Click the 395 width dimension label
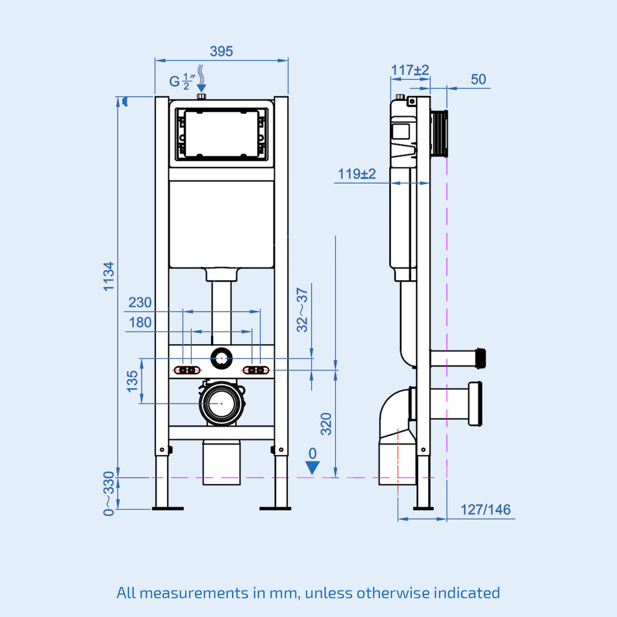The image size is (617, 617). click(x=221, y=52)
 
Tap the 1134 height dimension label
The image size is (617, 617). click(x=108, y=276)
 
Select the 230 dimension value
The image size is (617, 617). click(x=140, y=302)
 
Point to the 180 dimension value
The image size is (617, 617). click(x=140, y=323)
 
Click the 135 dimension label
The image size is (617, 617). click(x=133, y=381)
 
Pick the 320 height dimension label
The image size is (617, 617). click(x=326, y=424)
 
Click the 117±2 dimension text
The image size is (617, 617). click(x=410, y=70)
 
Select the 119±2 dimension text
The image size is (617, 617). click(x=357, y=174)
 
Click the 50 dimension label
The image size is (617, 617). click(x=478, y=80)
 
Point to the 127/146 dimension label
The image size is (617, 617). click(x=486, y=510)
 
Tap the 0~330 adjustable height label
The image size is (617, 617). click(x=108, y=493)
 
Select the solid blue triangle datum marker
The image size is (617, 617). click(x=312, y=468)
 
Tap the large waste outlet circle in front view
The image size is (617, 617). click(x=222, y=402)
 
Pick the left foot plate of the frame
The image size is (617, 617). click(x=168, y=509)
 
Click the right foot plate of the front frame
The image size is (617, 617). click(x=275, y=509)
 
